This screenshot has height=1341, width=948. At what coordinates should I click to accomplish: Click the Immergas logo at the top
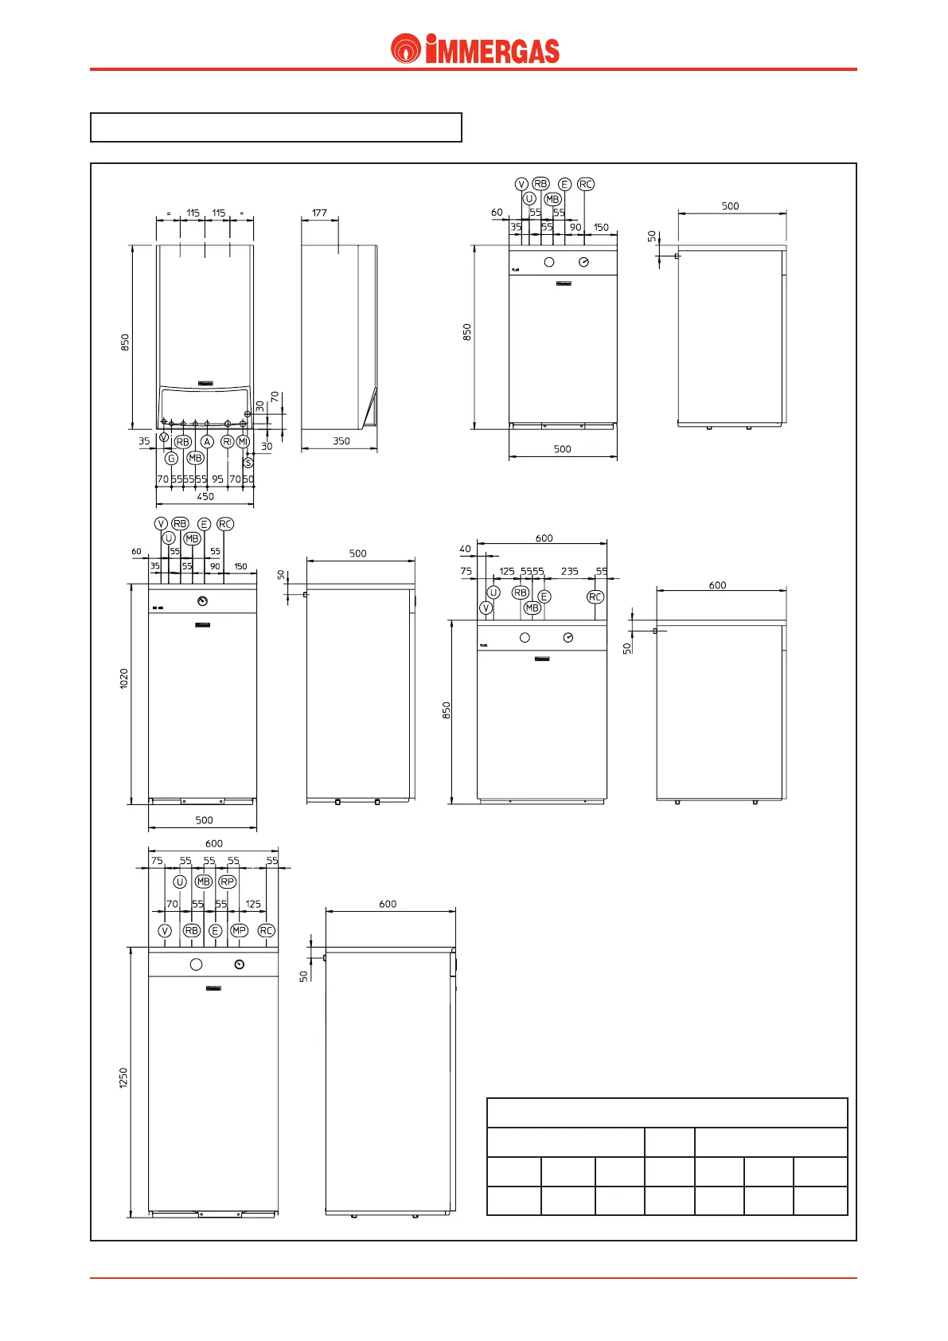click(x=474, y=49)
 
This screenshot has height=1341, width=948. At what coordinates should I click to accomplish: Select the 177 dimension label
click(x=319, y=213)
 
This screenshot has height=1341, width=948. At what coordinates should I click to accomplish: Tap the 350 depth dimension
click(x=341, y=441)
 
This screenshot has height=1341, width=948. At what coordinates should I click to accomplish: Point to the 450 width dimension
click(x=205, y=497)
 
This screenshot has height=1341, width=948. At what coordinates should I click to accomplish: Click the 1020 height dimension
click(x=124, y=678)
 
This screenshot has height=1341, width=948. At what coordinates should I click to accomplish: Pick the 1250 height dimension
click(x=123, y=1078)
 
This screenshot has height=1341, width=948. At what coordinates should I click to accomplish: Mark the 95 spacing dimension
click(x=217, y=479)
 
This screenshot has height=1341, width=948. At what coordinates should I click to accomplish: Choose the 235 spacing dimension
click(x=569, y=572)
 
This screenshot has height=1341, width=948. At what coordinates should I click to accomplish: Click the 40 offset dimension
click(x=465, y=549)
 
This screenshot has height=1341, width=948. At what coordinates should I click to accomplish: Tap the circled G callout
click(x=171, y=459)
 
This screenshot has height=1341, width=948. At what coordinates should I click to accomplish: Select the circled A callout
click(x=207, y=441)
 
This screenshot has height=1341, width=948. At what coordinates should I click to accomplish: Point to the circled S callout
click(x=248, y=463)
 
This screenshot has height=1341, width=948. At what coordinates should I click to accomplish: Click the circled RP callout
click(x=228, y=882)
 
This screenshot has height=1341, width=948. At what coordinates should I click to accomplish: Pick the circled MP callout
click(x=239, y=930)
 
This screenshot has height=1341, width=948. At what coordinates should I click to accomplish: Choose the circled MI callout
click(x=243, y=441)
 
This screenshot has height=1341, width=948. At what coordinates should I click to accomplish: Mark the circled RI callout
click(x=227, y=441)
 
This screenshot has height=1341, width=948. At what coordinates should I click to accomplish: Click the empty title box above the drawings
click(x=276, y=127)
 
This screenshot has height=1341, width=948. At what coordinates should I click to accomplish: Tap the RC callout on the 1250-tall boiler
click(x=267, y=930)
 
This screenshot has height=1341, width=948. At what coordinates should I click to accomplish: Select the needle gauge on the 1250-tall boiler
click(x=240, y=964)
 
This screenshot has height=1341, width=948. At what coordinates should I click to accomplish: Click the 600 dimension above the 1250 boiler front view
click(x=214, y=843)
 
